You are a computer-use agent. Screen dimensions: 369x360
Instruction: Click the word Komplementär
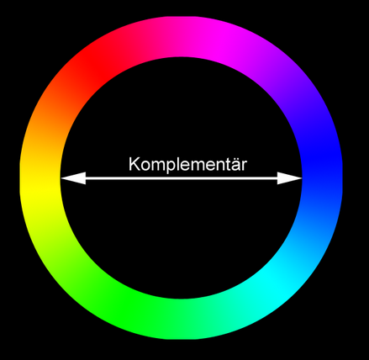click(187, 165)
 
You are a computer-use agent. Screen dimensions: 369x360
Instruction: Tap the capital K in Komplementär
click(134, 164)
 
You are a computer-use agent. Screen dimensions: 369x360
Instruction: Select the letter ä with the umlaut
click(235, 164)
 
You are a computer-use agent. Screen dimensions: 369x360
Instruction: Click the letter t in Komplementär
click(228, 165)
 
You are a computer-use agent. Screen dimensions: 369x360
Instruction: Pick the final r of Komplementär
click(245, 166)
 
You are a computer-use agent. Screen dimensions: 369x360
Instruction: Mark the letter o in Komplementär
click(145, 166)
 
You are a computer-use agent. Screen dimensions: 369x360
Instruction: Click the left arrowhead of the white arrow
click(73, 178)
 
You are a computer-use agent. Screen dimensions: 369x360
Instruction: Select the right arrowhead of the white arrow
click(289, 178)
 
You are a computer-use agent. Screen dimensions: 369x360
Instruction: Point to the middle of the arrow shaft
click(182, 178)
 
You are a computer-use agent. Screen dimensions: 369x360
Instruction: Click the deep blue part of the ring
click(322, 161)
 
